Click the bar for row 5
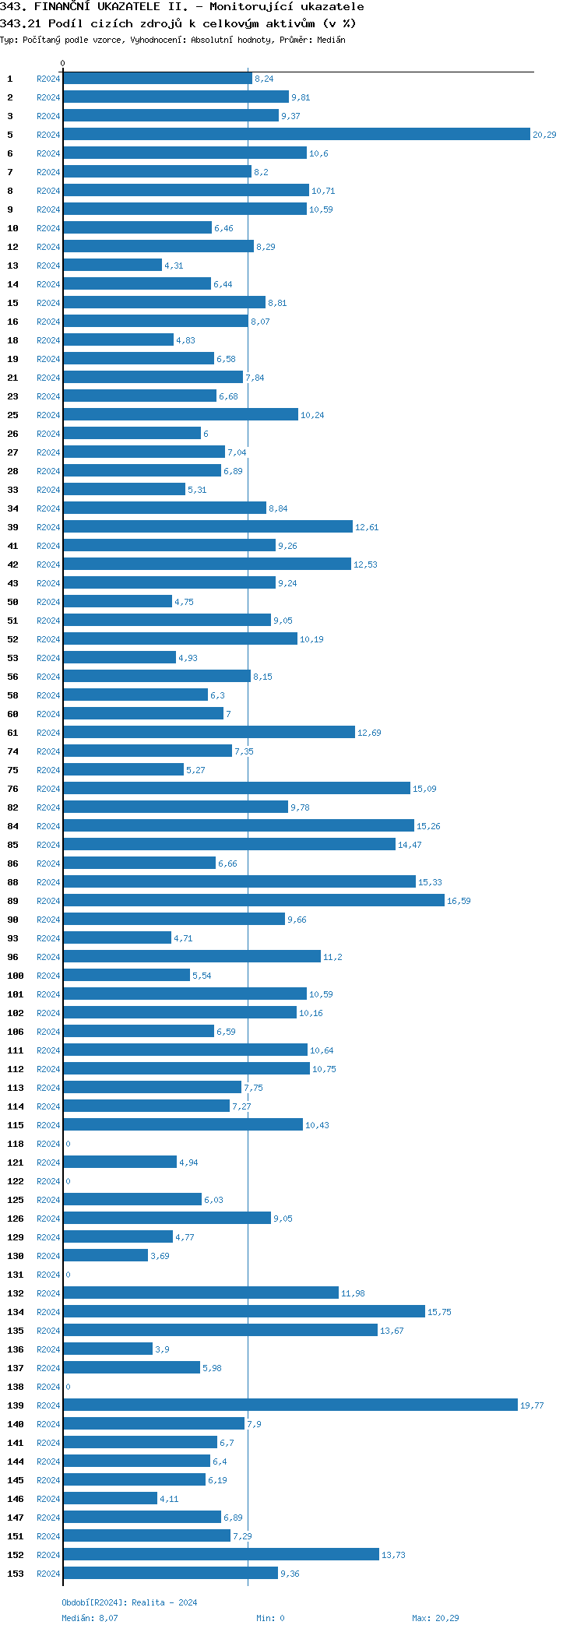pos(296,135)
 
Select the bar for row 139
pos(290,1405)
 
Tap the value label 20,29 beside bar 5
pos(544,135)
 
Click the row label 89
pos(13,901)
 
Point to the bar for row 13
pos(112,266)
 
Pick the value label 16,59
pos(459,901)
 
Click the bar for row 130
pos(105,1256)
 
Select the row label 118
pos(16,1144)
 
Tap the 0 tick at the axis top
pos(63,63)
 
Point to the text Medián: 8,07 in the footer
pos(90,1618)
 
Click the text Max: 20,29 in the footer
pos(435,1618)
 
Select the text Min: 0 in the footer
pos(270,1618)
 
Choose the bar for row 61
pos(209,733)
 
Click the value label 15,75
pos(439,1312)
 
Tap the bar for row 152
pos(221,1555)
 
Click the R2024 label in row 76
pos(48,789)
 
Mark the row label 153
pos(16,1574)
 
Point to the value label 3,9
pos(162,1349)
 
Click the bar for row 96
pos(192,957)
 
